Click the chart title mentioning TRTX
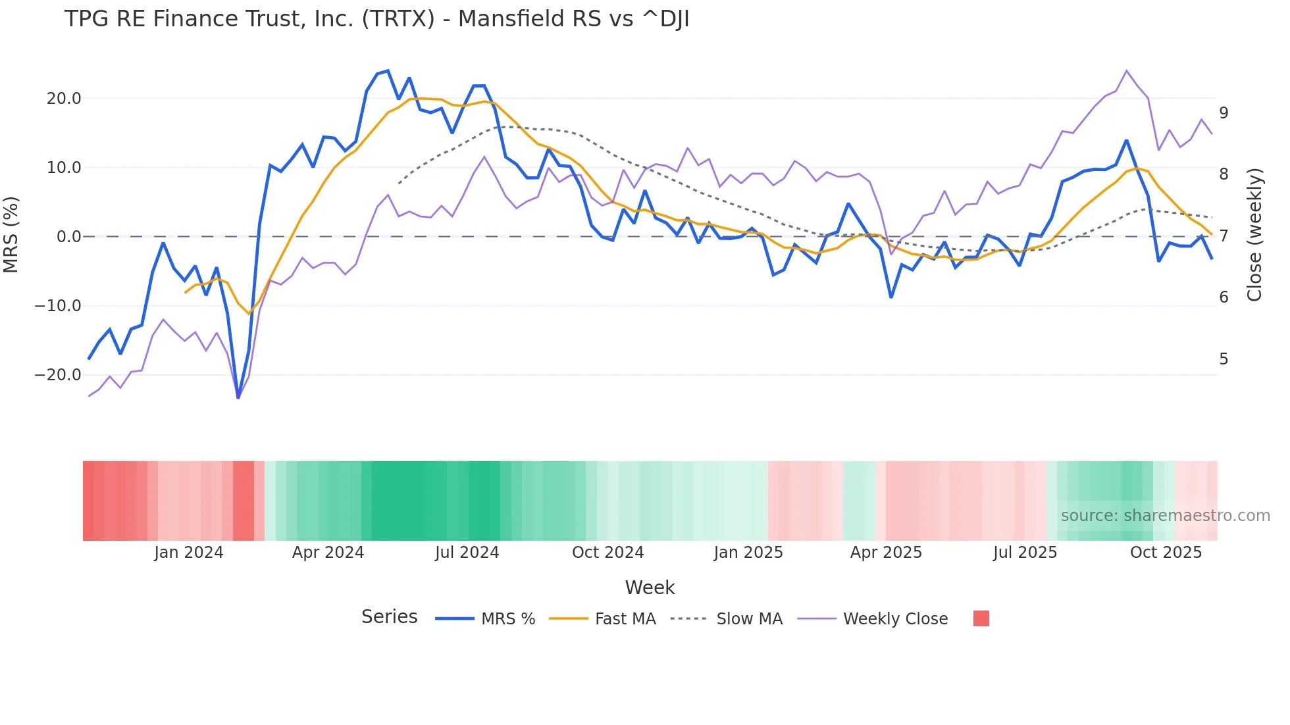point(376,19)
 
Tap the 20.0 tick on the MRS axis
point(64,99)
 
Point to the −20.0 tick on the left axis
point(58,375)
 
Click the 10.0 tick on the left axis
point(64,168)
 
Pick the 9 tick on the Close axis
point(1224,113)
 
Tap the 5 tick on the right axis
point(1224,359)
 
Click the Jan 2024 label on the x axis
point(189,553)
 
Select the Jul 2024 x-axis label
point(467,553)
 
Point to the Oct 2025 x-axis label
point(1166,553)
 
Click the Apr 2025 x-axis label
point(886,553)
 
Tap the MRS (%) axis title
point(11,235)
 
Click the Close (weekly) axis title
point(1254,235)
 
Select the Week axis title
point(650,587)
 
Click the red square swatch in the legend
point(981,618)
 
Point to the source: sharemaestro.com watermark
point(1165,516)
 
